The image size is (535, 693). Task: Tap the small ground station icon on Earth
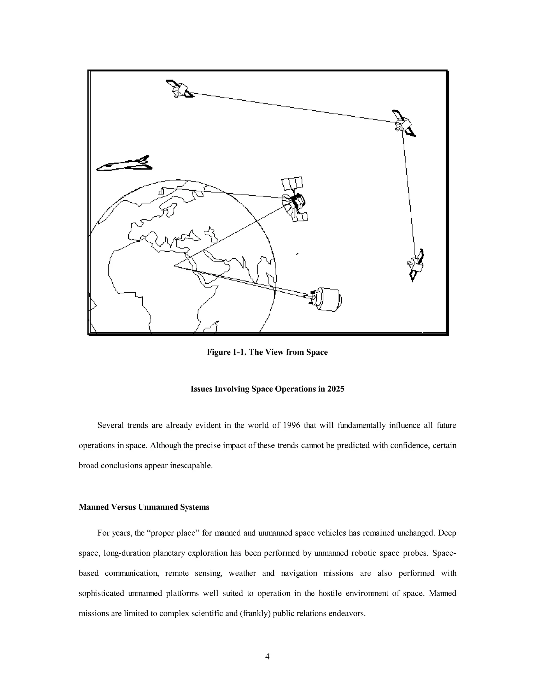pos(162,191)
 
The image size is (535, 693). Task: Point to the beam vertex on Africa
pos(175,266)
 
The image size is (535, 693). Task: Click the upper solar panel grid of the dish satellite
pos(292,183)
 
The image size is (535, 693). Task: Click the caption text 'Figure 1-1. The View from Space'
pos(267,352)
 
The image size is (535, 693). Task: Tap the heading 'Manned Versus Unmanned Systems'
pos(144,507)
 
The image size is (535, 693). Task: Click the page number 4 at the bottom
pos(267,657)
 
